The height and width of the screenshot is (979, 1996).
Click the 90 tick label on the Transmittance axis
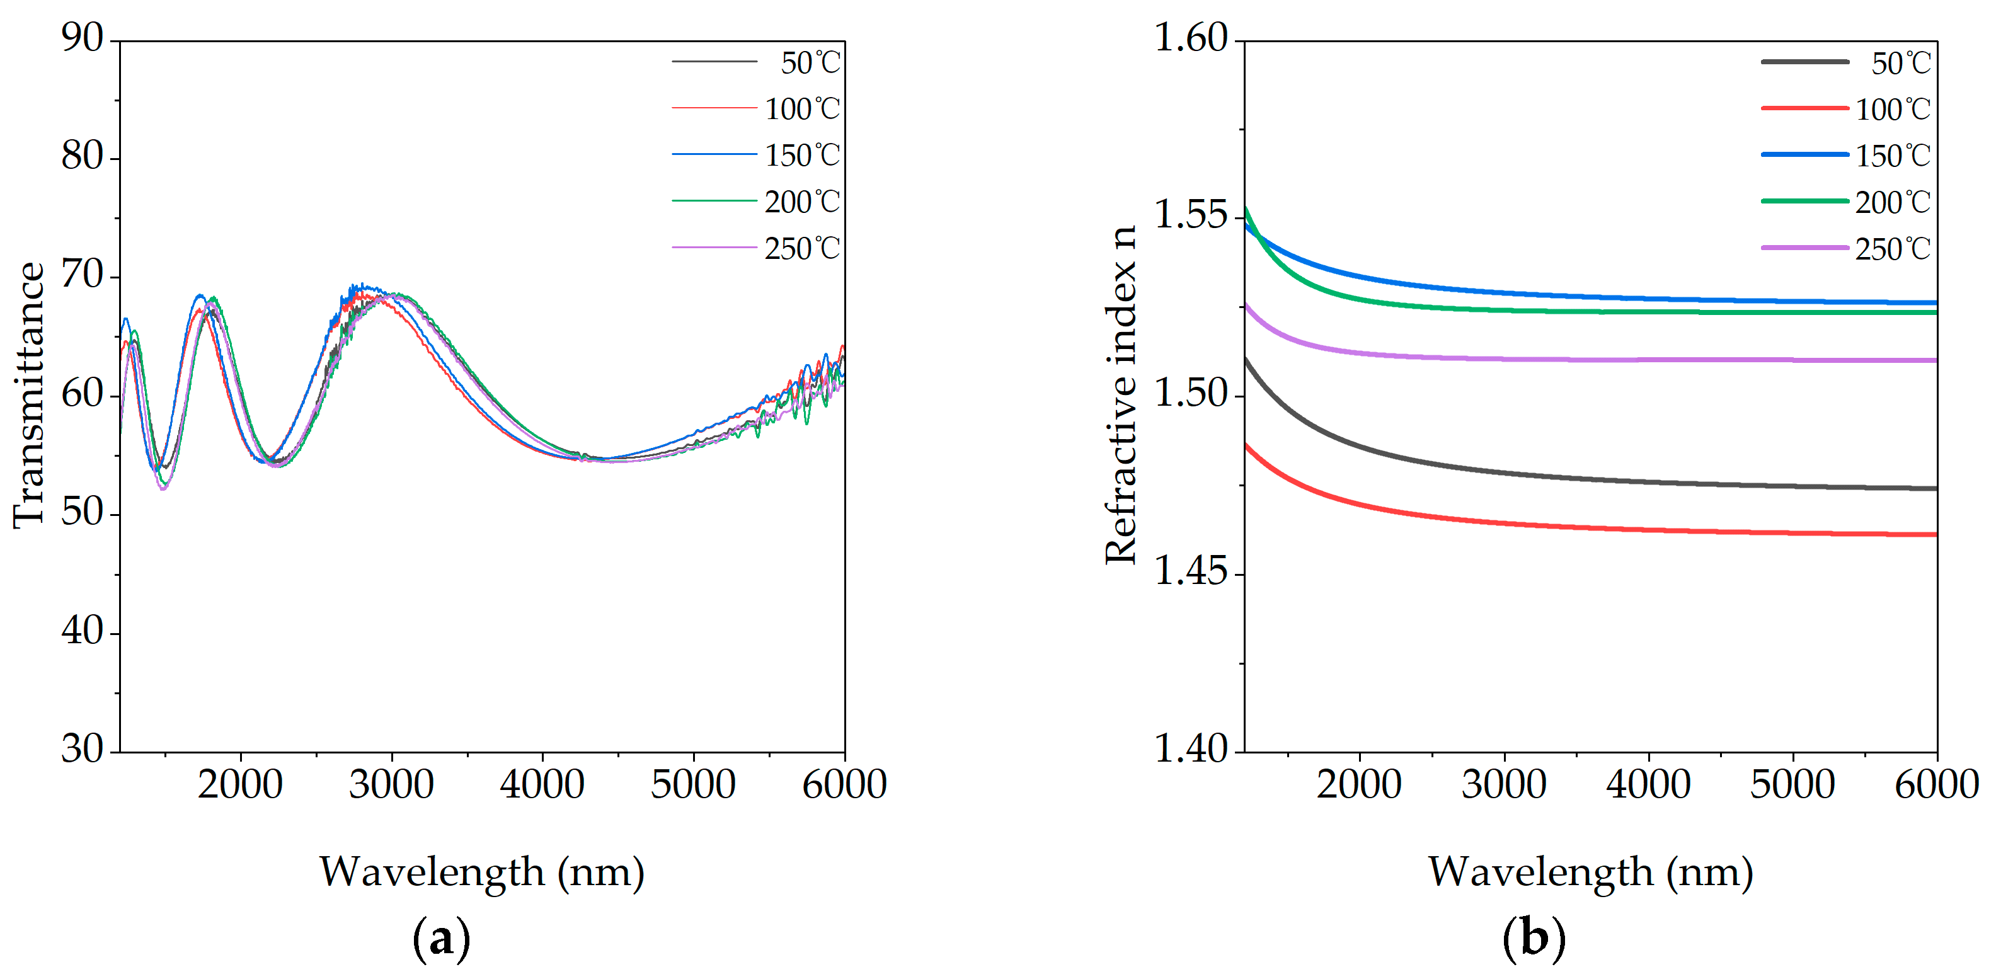point(82,38)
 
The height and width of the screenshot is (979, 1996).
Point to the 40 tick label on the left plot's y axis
point(82,632)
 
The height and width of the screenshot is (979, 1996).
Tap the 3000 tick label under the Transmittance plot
point(391,784)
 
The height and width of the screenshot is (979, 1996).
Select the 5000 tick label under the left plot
point(692,784)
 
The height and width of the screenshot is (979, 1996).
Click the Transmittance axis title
point(30,395)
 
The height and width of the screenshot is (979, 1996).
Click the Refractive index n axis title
point(1120,395)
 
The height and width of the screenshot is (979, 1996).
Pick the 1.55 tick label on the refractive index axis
point(1191,216)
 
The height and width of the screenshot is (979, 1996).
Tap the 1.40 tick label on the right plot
point(1191,749)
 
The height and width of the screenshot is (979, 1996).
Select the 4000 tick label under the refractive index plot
point(1648,784)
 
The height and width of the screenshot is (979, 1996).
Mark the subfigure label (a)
point(442,939)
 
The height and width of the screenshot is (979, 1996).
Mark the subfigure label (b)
point(1534,939)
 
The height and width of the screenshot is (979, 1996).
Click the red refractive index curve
point(1627,530)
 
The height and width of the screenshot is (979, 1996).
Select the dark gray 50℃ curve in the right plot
point(1627,482)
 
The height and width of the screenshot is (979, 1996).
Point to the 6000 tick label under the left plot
point(843,784)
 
